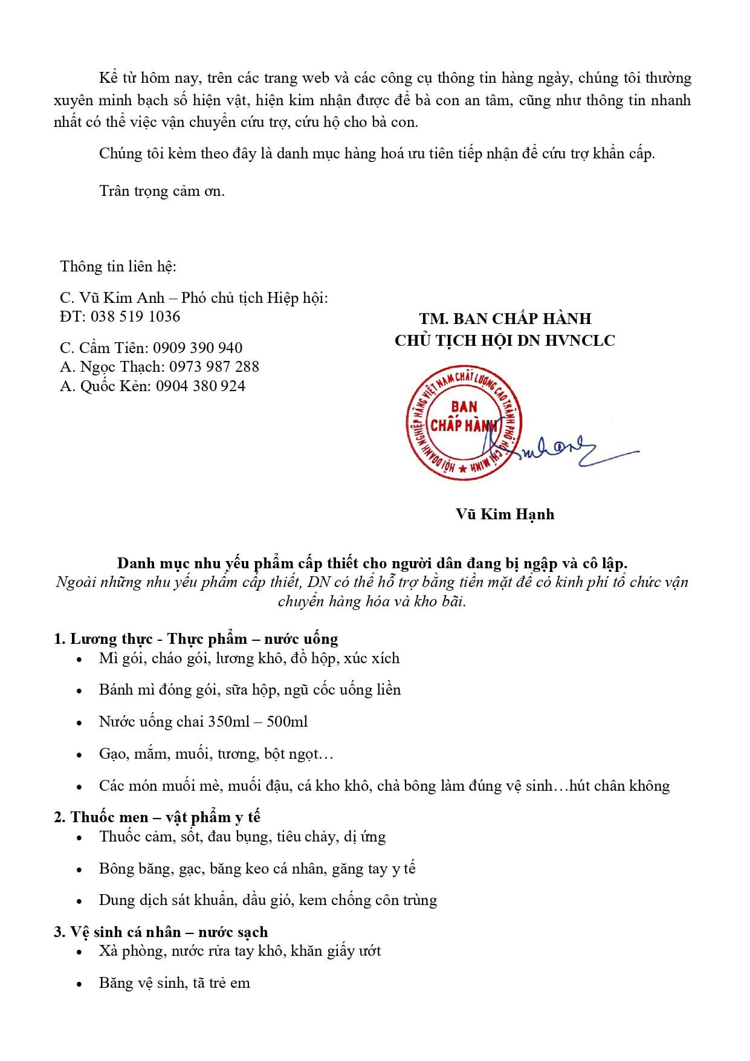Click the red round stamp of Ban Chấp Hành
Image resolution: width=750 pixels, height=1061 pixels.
(464, 423)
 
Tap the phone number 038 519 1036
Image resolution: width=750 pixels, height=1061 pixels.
(135, 316)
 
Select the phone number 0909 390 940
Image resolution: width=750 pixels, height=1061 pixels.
(198, 348)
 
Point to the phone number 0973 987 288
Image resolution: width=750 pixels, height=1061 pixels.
(214, 366)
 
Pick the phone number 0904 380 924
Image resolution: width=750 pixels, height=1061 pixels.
(201, 386)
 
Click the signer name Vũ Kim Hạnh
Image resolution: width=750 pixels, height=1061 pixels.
(505, 514)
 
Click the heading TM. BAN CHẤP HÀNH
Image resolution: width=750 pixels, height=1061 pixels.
(505, 318)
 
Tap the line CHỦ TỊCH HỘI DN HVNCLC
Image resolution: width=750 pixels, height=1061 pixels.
(505, 340)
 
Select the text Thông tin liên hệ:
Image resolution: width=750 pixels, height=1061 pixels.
(118, 266)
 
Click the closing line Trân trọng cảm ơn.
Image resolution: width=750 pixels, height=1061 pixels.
(162, 190)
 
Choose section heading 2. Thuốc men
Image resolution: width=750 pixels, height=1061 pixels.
(157, 817)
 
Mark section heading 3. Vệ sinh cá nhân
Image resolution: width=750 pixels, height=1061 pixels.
(161, 932)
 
